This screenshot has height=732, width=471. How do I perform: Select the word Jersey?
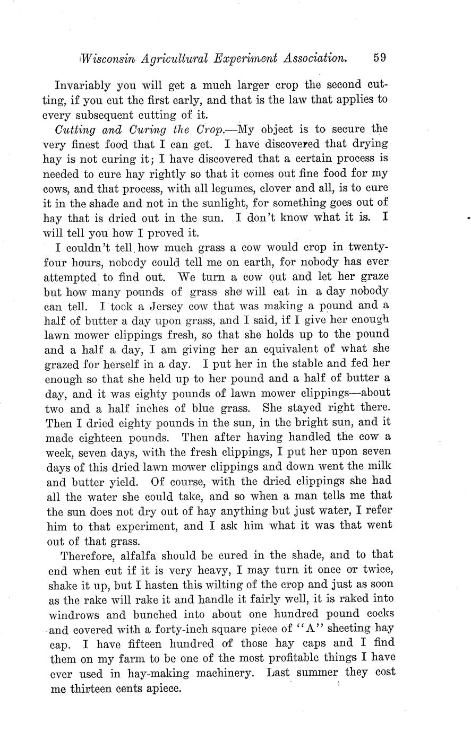coord(163,306)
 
